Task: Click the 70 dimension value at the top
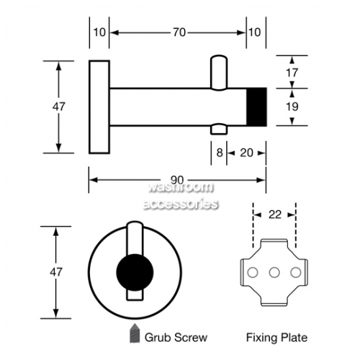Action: (x=179, y=32)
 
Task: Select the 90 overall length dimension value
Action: (x=177, y=180)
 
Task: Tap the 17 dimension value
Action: (x=292, y=73)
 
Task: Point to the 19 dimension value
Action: (x=292, y=107)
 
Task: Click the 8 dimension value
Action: (x=220, y=153)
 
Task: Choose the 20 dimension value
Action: (x=246, y=153)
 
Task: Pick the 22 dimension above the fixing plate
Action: (x=275, y=215)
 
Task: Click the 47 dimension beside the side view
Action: (x=59, y=107)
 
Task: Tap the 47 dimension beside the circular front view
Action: (x=56, y=272)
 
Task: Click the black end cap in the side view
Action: (x=257, y=107)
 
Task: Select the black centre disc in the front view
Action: (x=135, y=272)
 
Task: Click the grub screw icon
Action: (x=135, y=333)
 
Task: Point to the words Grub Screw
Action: (x=176, y=338)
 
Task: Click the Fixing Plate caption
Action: (x=276, y=338)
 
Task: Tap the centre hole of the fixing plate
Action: (x=274, y=272)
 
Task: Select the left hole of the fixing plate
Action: (x=253, y=272)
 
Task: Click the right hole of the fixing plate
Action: (x=296, y=272)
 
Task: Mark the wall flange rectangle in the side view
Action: (x=99, y=107)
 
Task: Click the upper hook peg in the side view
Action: (x=219, y=73)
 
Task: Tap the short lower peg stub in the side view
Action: (x=219, y=129)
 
